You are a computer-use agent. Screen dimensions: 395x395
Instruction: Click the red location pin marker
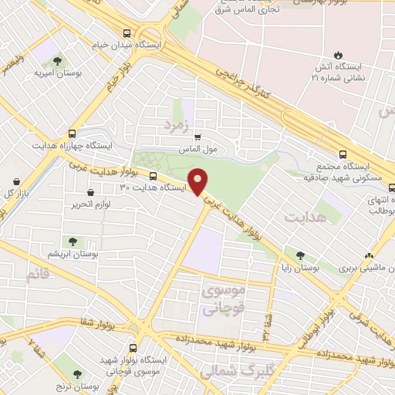(198, 182)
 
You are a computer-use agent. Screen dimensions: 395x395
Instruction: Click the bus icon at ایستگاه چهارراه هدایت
(72, 132)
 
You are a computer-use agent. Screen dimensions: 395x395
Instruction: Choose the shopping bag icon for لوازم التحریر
(91, 191)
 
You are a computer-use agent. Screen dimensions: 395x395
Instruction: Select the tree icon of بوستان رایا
(300, 255)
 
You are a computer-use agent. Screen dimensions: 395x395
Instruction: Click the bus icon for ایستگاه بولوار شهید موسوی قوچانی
(133, 348)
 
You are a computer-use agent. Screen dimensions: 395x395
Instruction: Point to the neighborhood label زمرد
(176, 123)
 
